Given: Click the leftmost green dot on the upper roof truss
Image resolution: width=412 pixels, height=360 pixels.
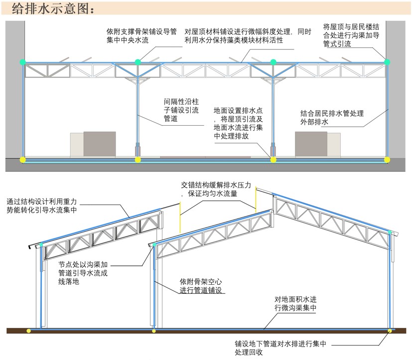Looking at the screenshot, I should [22, 62].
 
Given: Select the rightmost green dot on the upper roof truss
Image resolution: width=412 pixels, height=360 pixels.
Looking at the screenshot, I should [388, 62].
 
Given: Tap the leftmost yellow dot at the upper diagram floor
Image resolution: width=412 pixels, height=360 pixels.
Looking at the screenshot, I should [22, 160].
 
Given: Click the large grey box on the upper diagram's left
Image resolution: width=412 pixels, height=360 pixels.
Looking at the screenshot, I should [99, 144].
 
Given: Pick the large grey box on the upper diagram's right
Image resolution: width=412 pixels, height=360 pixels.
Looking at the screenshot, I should [311, 144].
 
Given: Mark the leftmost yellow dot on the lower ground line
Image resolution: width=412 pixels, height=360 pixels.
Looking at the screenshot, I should [29, 330].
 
